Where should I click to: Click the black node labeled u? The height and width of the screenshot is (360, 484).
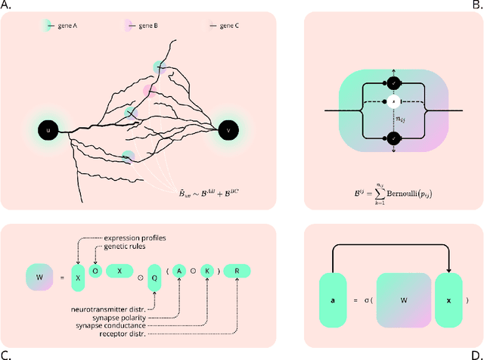click(x=48, y=130)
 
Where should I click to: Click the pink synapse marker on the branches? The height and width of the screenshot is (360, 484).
click(x=150, y=91)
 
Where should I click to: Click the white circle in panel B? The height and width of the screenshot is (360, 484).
click(x=393, y=101)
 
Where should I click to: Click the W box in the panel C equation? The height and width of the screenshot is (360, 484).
click(x=39, y=270)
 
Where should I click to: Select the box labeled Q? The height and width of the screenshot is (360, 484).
click(x=156, y=270)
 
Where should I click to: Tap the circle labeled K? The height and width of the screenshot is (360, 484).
click(x=208, y=270)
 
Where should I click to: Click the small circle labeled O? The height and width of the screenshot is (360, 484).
click(x=95, y=270)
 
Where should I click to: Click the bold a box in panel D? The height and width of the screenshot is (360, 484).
click(x=332, y=300)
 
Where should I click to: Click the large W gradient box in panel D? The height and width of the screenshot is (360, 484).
click(x=402, y=300)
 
